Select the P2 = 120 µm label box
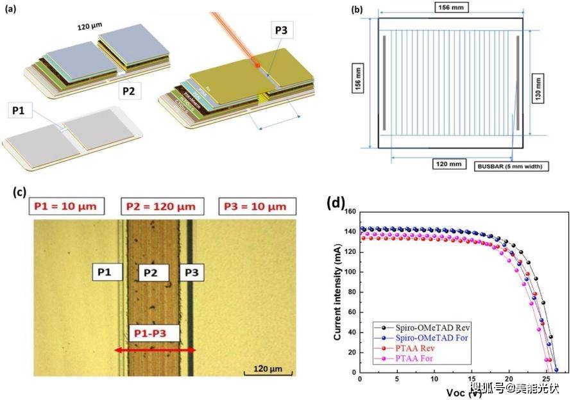point(162,206)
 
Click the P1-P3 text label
point(153,334)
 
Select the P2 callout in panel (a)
point(129,92)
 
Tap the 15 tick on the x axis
point(472,379)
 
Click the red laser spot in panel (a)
point(256,65)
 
